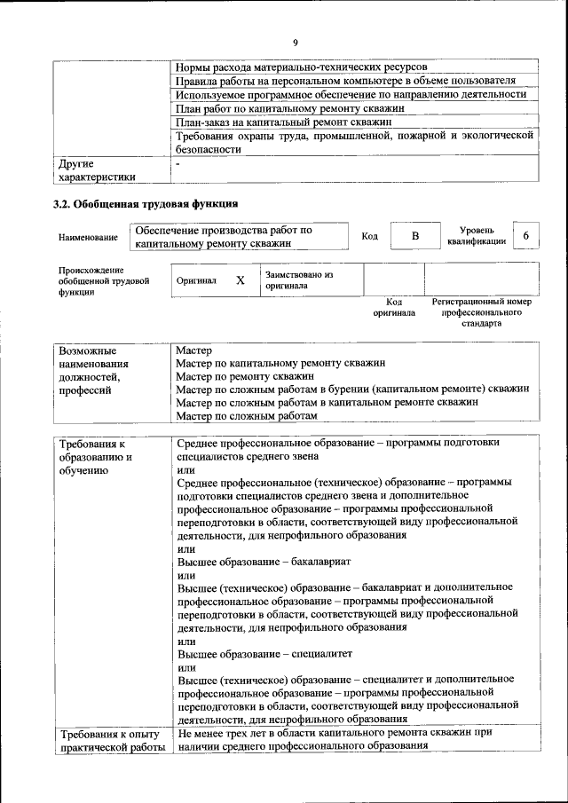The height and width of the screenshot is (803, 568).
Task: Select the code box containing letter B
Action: point(414,236)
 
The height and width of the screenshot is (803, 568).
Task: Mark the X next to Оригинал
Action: point(240,280)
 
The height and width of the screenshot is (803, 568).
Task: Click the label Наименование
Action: point(88,237)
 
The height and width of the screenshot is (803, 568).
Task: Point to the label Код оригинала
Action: point(393,307)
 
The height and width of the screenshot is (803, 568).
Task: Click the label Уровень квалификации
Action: point(477,235)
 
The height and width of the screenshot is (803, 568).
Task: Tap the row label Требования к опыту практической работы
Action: point(109,741)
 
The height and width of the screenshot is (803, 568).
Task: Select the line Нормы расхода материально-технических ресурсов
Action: point(301,67)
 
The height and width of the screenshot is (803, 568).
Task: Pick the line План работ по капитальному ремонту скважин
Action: point(290,108)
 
